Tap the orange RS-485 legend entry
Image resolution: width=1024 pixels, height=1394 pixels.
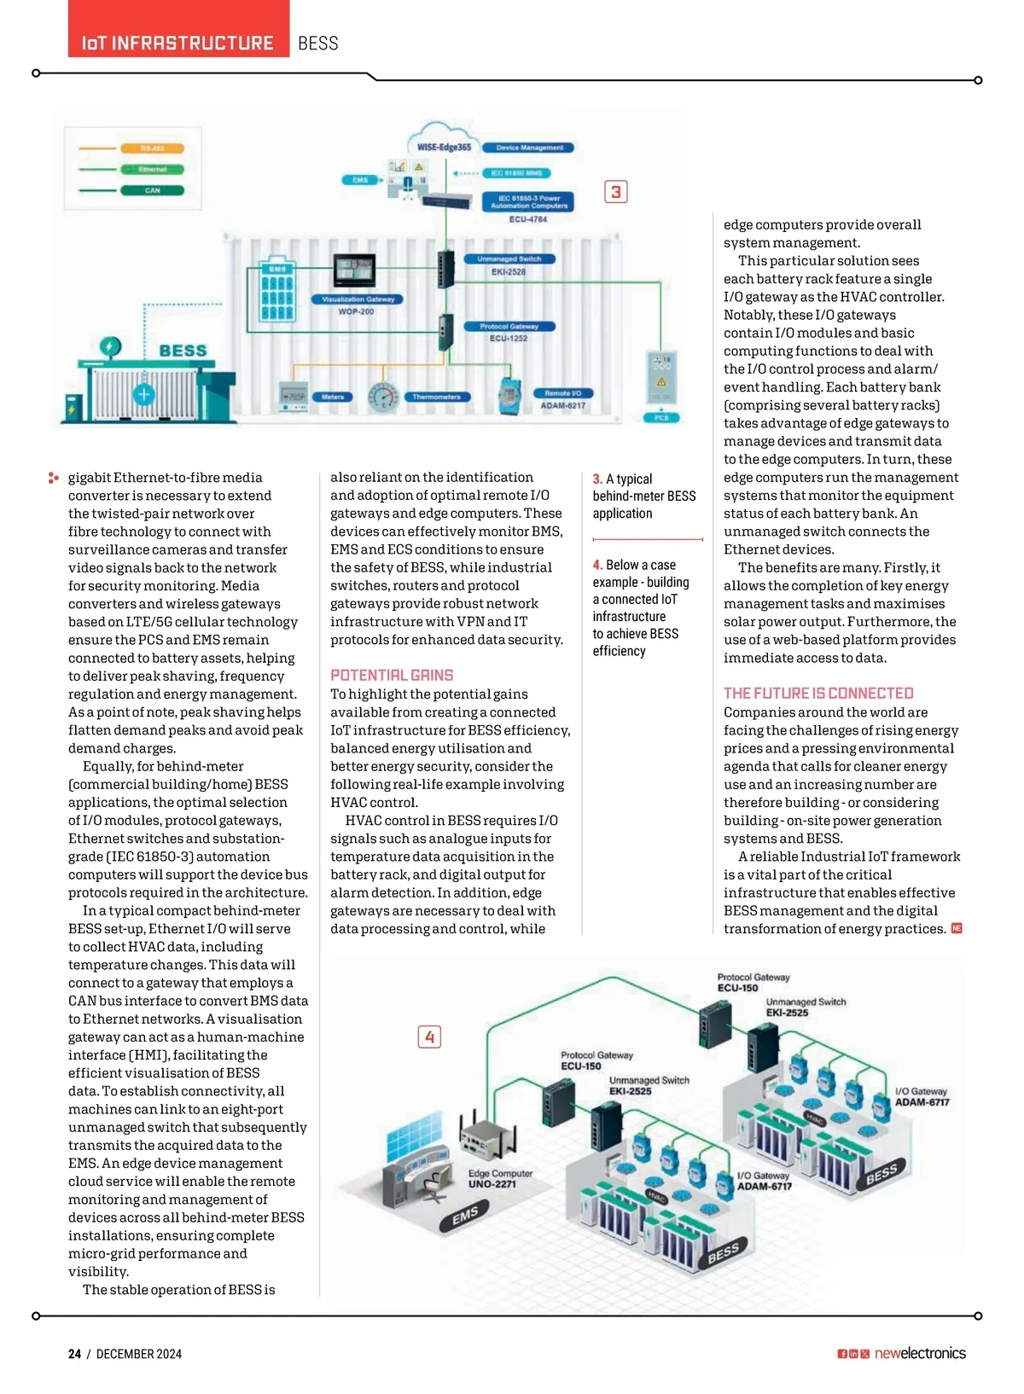click(152, 148)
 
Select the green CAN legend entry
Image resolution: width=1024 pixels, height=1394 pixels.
click(152, 190)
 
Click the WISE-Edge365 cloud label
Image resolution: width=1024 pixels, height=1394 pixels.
click(444, 147)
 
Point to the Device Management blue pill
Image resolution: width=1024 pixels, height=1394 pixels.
click(529, 148)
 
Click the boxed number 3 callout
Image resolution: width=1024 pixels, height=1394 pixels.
click(615, 191)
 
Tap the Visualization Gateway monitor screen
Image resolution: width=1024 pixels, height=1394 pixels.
click(354, 270)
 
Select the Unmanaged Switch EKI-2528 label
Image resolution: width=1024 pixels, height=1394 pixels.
click(509, 264)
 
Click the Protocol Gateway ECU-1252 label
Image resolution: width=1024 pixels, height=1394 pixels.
click(509, 332)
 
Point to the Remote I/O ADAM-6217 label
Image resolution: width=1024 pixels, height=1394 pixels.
click(562, 399)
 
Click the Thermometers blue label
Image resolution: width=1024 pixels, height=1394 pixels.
click(436, 397)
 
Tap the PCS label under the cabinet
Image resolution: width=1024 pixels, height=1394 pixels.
click(661, 418)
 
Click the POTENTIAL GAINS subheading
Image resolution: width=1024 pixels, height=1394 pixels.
click(392, 675)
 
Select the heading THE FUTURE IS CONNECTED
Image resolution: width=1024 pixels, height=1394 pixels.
click(818, 694)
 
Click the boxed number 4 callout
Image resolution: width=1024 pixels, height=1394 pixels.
click(429, 1037)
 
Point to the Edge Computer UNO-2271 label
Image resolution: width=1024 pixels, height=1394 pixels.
click(500, 1178)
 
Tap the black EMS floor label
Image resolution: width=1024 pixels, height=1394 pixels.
click(465, 1216)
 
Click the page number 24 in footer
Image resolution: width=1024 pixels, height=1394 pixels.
click(75, 1354)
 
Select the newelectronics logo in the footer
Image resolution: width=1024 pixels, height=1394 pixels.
click(920, 1353)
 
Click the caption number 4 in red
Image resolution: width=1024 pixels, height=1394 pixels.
click(597, 565)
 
